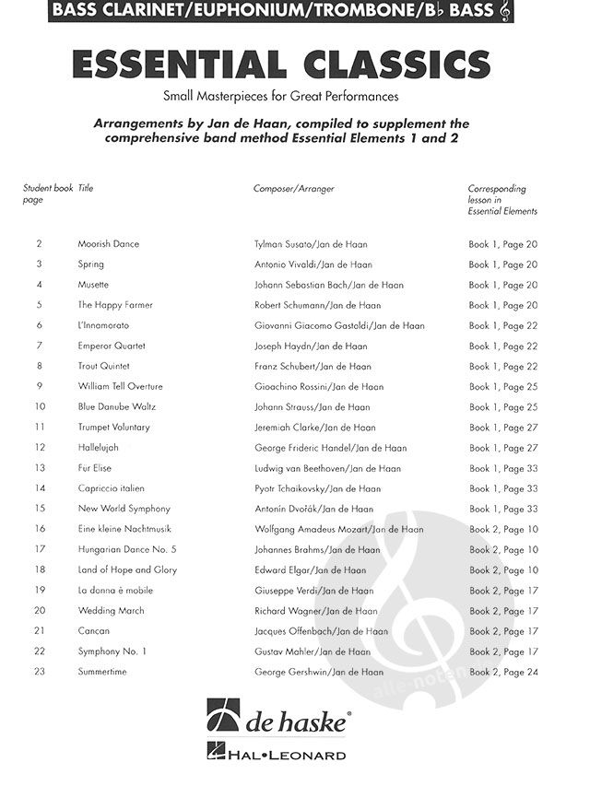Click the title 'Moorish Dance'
click(x=108, y=244)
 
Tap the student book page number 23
click(x=40, y=672)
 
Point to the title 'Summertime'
click(x=102, y=672)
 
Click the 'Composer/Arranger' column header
click(x=294, y=189)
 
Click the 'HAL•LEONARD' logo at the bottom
click(x=294, y=756)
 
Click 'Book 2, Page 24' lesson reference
click(x=503, y=672)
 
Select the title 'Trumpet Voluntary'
click(x=113, y=427)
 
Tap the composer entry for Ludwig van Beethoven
click(x=327, y=468)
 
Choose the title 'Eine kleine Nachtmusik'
click(x=124, y=529)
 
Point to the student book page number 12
click(x=40, y=447)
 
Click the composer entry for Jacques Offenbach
click(x=318, y=631)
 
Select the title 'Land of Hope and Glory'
click(x=127, y=569)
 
